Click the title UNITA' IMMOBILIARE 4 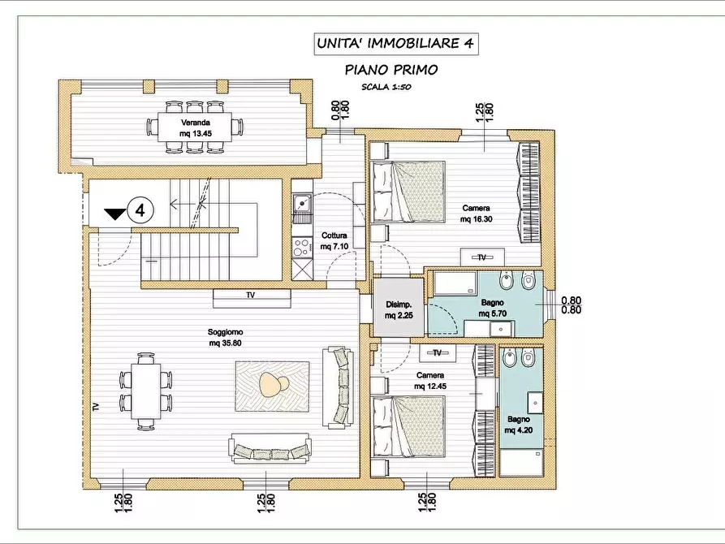tap(395, 44)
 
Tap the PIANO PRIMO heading tap(391, 70)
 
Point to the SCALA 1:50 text tap(386, 87)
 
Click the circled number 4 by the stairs tap(140, 210)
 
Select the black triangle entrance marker tap(114, 214)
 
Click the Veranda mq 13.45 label tap(196, 128)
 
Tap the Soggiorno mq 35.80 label tap(225, 337)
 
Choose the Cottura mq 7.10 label tap(334, 241)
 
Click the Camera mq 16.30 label tap(476, 214)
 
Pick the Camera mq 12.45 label tap(430, 381)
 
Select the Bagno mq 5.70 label tap(493, 308)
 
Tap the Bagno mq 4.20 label tap(518, 425)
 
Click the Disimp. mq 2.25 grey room tap(399, 307)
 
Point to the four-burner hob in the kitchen tap(302, 247)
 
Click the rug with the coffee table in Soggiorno tap(272, 386)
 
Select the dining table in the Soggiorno tap(146, 391)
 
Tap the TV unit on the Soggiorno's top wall tap(252, 298)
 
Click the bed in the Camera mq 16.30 tap(408, 192)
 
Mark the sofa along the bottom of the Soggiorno tap(270, 447)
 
